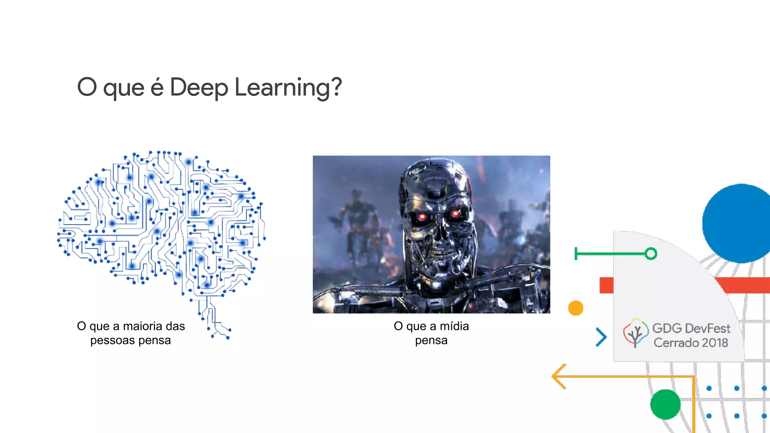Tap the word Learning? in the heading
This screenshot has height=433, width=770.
[x=288, y=88]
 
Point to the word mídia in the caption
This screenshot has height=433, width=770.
[x=454, y=326]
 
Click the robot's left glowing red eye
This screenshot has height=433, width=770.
[x=422, y=217]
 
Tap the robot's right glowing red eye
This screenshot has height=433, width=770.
[x=455, y=214]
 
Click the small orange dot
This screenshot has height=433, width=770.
[x=576, y=308]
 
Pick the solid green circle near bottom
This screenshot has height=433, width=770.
[x=665, y=404]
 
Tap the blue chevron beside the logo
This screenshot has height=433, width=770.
[x=601, y=337]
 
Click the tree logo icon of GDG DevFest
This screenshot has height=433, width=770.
[x=635, y=333]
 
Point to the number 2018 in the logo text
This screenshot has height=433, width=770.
[x=714, y=343]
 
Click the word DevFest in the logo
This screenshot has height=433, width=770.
[x=708, y=329]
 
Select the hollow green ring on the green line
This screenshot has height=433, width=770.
[x=651, y=254]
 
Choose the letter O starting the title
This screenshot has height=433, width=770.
[x=87, y=87]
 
